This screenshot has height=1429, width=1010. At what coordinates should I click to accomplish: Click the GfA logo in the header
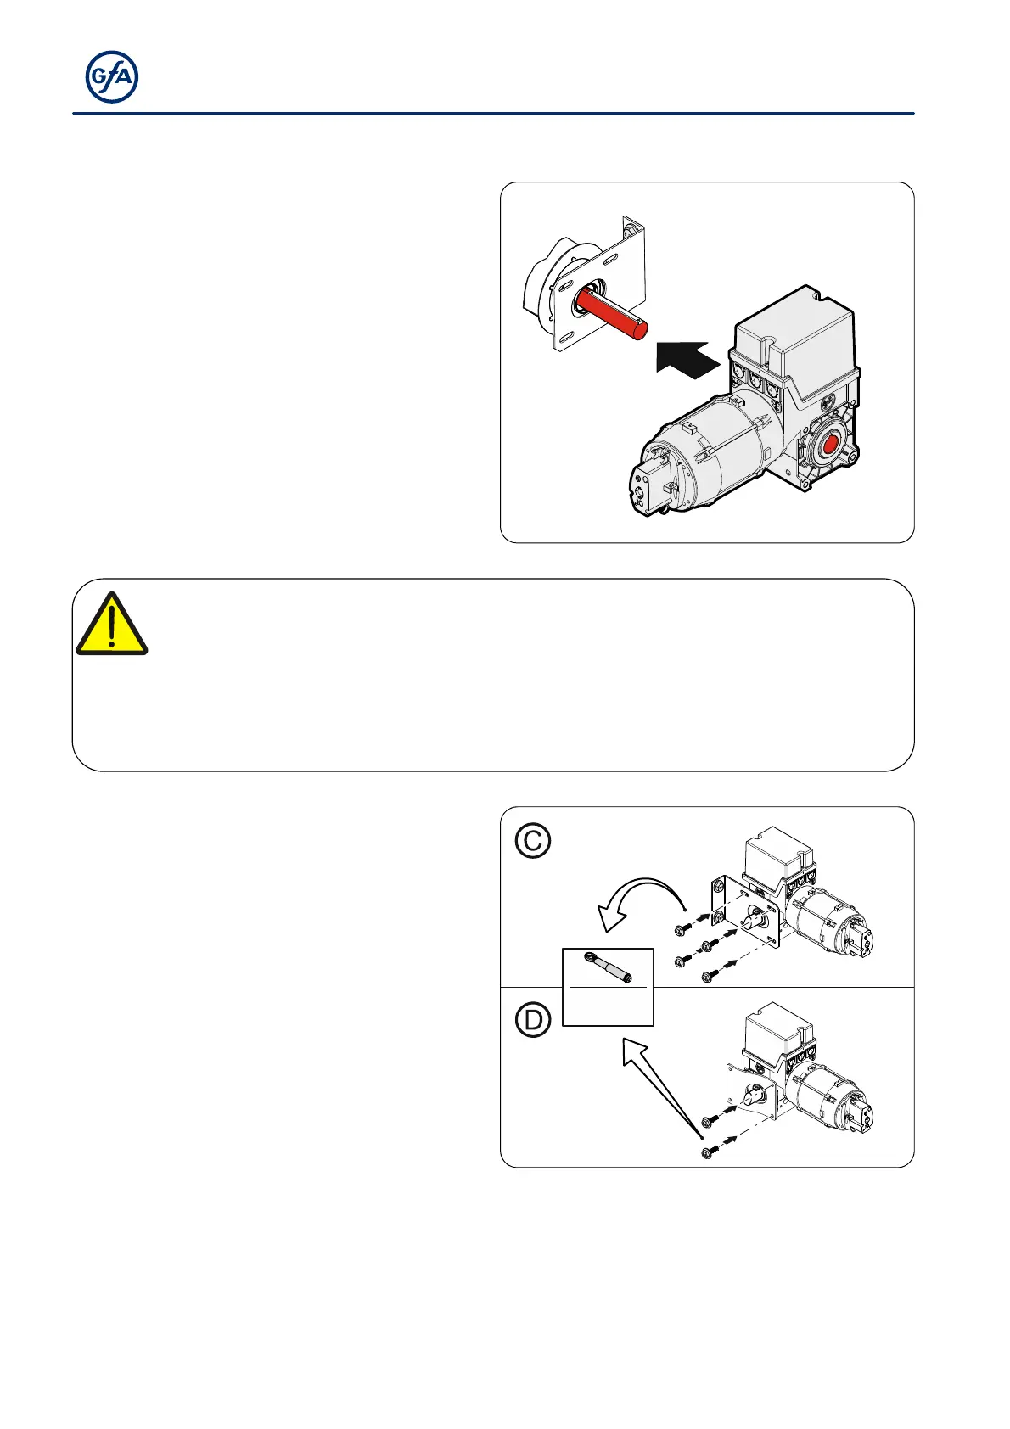112,78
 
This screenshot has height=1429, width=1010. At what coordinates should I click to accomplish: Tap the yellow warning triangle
111,625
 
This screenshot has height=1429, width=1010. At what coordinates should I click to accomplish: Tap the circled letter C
533,841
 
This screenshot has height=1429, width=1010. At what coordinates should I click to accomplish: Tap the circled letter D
533,1020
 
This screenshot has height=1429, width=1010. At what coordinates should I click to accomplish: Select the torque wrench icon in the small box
608,967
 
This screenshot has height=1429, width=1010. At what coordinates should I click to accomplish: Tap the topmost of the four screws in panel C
682,931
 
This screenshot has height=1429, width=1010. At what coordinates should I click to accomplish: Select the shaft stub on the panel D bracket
754,1096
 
